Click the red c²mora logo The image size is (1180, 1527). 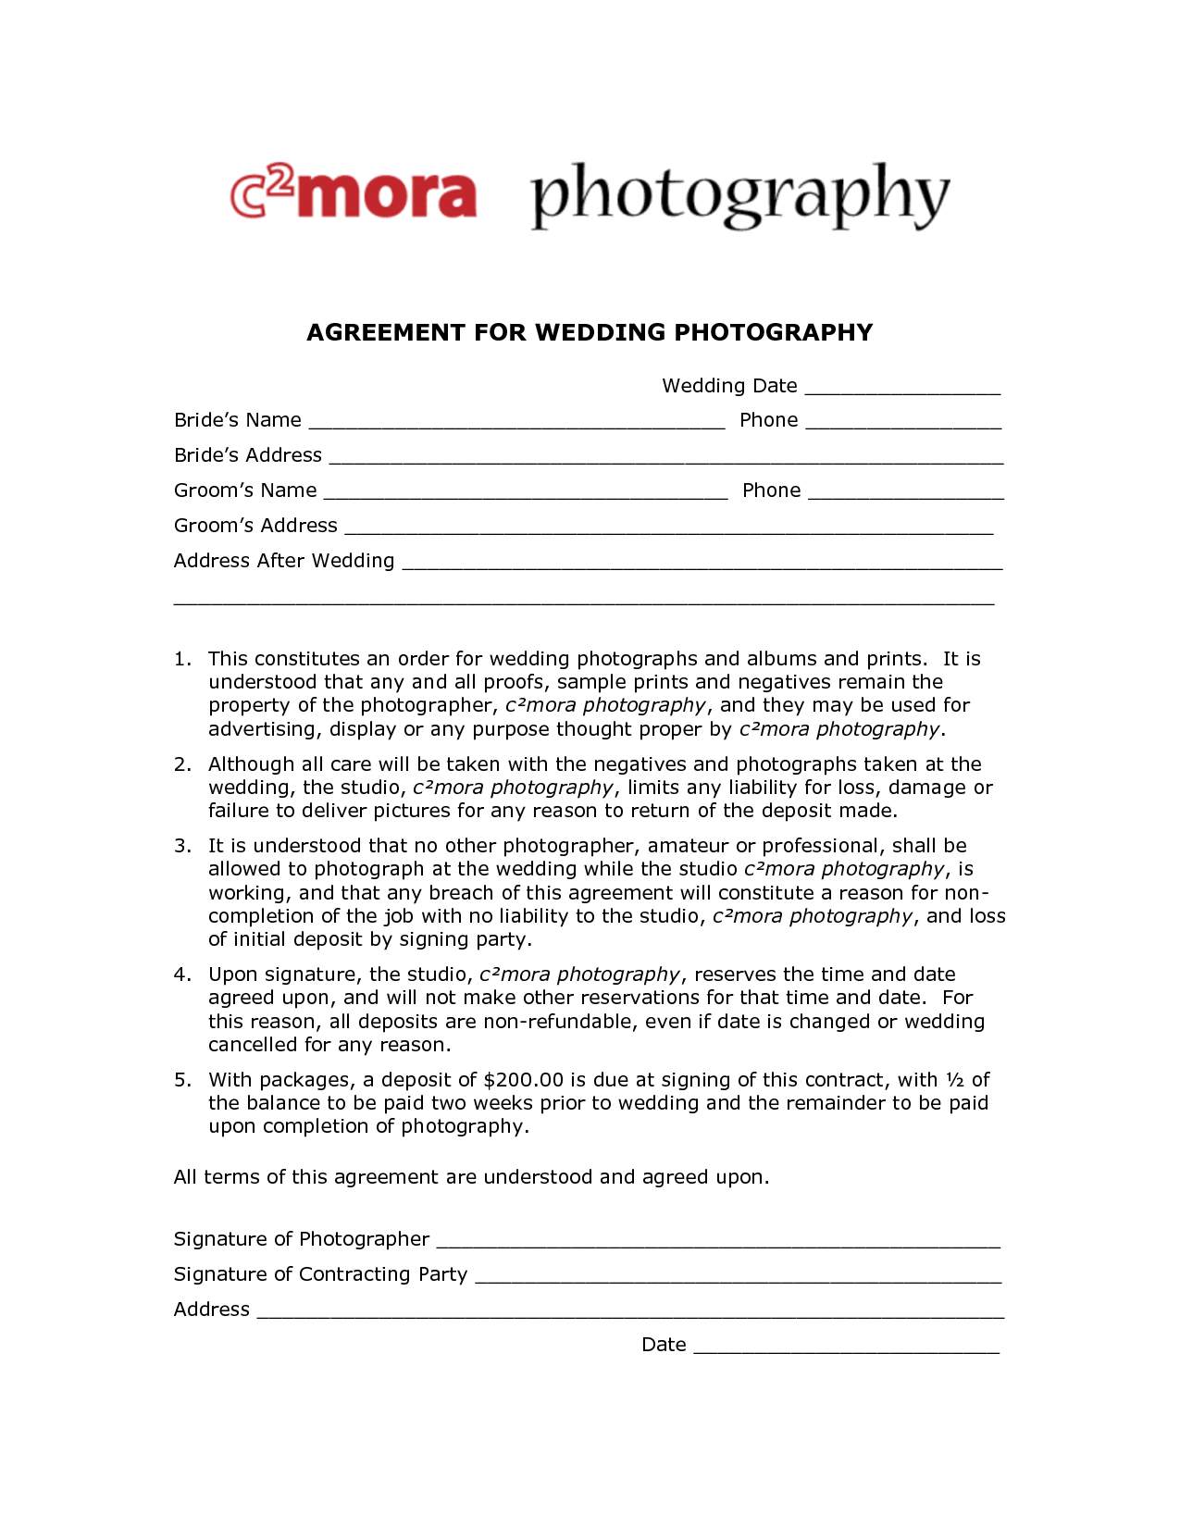(354, 192)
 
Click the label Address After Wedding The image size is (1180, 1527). (284, 561)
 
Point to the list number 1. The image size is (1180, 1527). (181, 659)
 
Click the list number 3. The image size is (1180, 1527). (181, 846)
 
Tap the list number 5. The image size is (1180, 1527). (181, 1080)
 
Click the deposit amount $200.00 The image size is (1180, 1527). (523, 1080)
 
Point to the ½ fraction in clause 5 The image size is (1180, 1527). (954, 1080)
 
